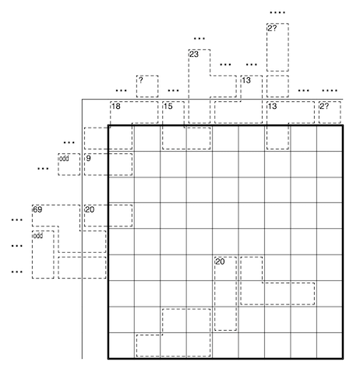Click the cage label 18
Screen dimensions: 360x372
(116, 107)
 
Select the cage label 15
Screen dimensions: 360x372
(168, 107)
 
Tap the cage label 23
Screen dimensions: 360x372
(194, 54)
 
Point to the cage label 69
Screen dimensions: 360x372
(38, 209)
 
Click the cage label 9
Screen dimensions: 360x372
(88, 158)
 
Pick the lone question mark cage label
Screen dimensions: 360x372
(140, 80)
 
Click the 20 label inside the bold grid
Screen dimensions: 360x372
(220, 261)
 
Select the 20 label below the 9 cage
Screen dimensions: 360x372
(90, 209)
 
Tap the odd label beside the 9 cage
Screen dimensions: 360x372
(64, 158)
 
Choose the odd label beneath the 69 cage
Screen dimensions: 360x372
(38, 236)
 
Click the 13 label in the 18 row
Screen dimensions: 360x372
(273, 107)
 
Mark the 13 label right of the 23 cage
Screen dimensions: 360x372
(246, 80)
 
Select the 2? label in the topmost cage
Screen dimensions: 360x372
(272, 28)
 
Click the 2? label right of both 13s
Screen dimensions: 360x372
(324, 107)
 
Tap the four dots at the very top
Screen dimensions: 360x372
(277, 12)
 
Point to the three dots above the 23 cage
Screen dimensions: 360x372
(199, 39)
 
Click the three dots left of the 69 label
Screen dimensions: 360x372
(17, 220)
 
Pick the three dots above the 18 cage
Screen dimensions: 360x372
(121, 90)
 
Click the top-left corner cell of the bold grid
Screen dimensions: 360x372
(122, 139)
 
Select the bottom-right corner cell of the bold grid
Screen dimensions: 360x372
(330, 346)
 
